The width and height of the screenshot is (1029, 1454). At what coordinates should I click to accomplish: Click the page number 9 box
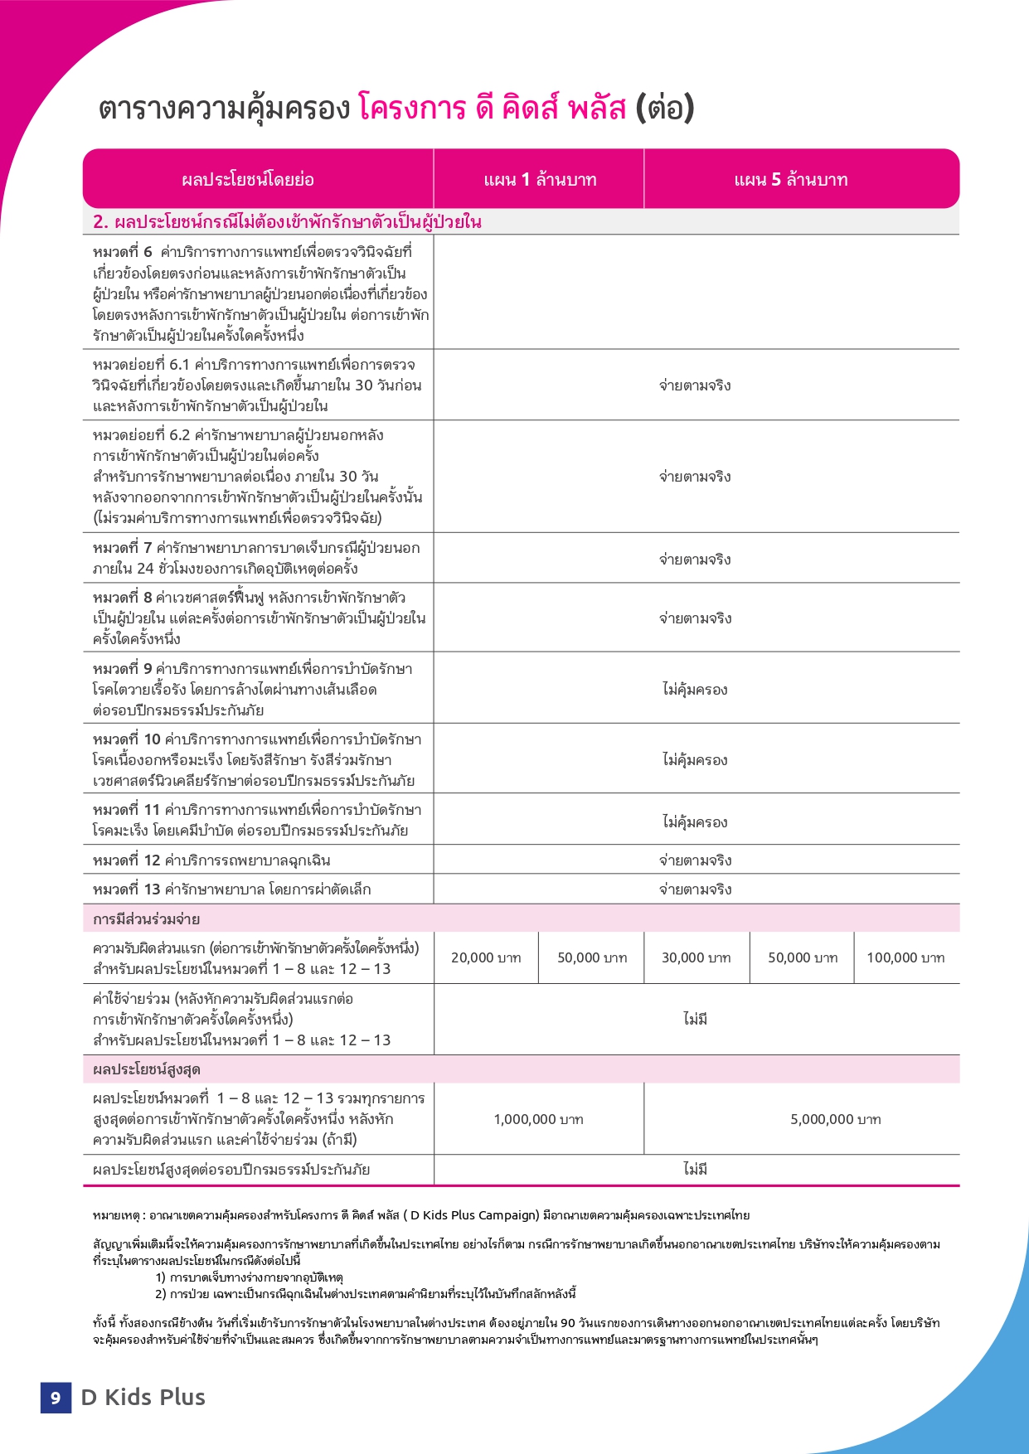point(56,1398)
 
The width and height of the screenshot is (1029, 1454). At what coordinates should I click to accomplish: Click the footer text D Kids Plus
point(143,1398)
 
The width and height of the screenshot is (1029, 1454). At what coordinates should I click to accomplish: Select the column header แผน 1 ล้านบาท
point(540,180)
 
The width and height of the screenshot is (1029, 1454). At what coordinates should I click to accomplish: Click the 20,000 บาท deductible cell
point(486,958)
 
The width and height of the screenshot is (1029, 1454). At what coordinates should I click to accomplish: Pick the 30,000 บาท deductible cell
point(697,958)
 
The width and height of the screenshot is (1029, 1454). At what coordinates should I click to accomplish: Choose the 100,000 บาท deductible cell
point(905,958)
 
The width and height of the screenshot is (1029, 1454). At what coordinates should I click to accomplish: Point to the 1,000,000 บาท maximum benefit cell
point(538,1120)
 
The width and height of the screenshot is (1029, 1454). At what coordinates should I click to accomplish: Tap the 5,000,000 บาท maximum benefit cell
point(835,1120)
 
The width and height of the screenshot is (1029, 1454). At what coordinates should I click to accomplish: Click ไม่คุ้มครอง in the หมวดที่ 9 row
point(695,690)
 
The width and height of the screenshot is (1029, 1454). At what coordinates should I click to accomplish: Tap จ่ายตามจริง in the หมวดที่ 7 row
point(695,560)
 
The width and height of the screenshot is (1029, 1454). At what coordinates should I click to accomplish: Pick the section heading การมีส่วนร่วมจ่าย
point(146,919)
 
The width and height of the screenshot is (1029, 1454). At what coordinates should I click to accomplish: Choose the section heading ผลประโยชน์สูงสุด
point(146,1069)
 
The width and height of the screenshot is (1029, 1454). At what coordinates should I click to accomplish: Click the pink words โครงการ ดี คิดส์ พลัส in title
point(492,109)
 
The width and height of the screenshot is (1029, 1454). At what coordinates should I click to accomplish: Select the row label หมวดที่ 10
point(127,739)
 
